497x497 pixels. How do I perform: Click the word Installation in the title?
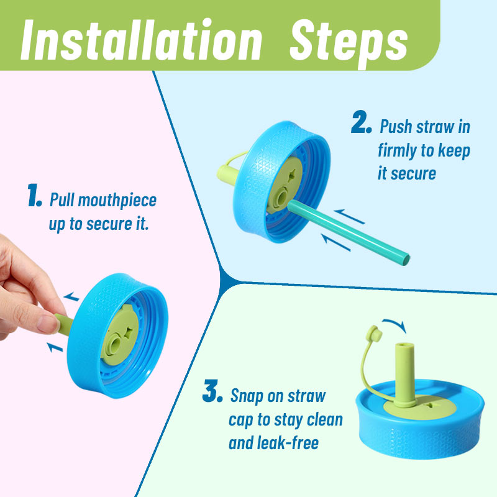tap(142, 40)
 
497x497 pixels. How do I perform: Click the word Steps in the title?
tap(349, 43)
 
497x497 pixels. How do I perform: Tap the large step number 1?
tap(34, 195)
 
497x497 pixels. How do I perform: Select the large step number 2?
tap(362, 122)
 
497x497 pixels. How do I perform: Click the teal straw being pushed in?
tap(348, 232)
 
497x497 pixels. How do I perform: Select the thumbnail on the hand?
tap(48, 324)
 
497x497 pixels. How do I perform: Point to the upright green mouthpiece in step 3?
tap(405, 374)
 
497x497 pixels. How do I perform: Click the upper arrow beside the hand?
tap(71, 297)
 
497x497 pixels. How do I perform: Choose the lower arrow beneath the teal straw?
tap(335, 242)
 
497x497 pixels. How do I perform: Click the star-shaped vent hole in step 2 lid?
tap(291, 175)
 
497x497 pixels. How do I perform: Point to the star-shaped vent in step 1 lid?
tap(129, 333)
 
